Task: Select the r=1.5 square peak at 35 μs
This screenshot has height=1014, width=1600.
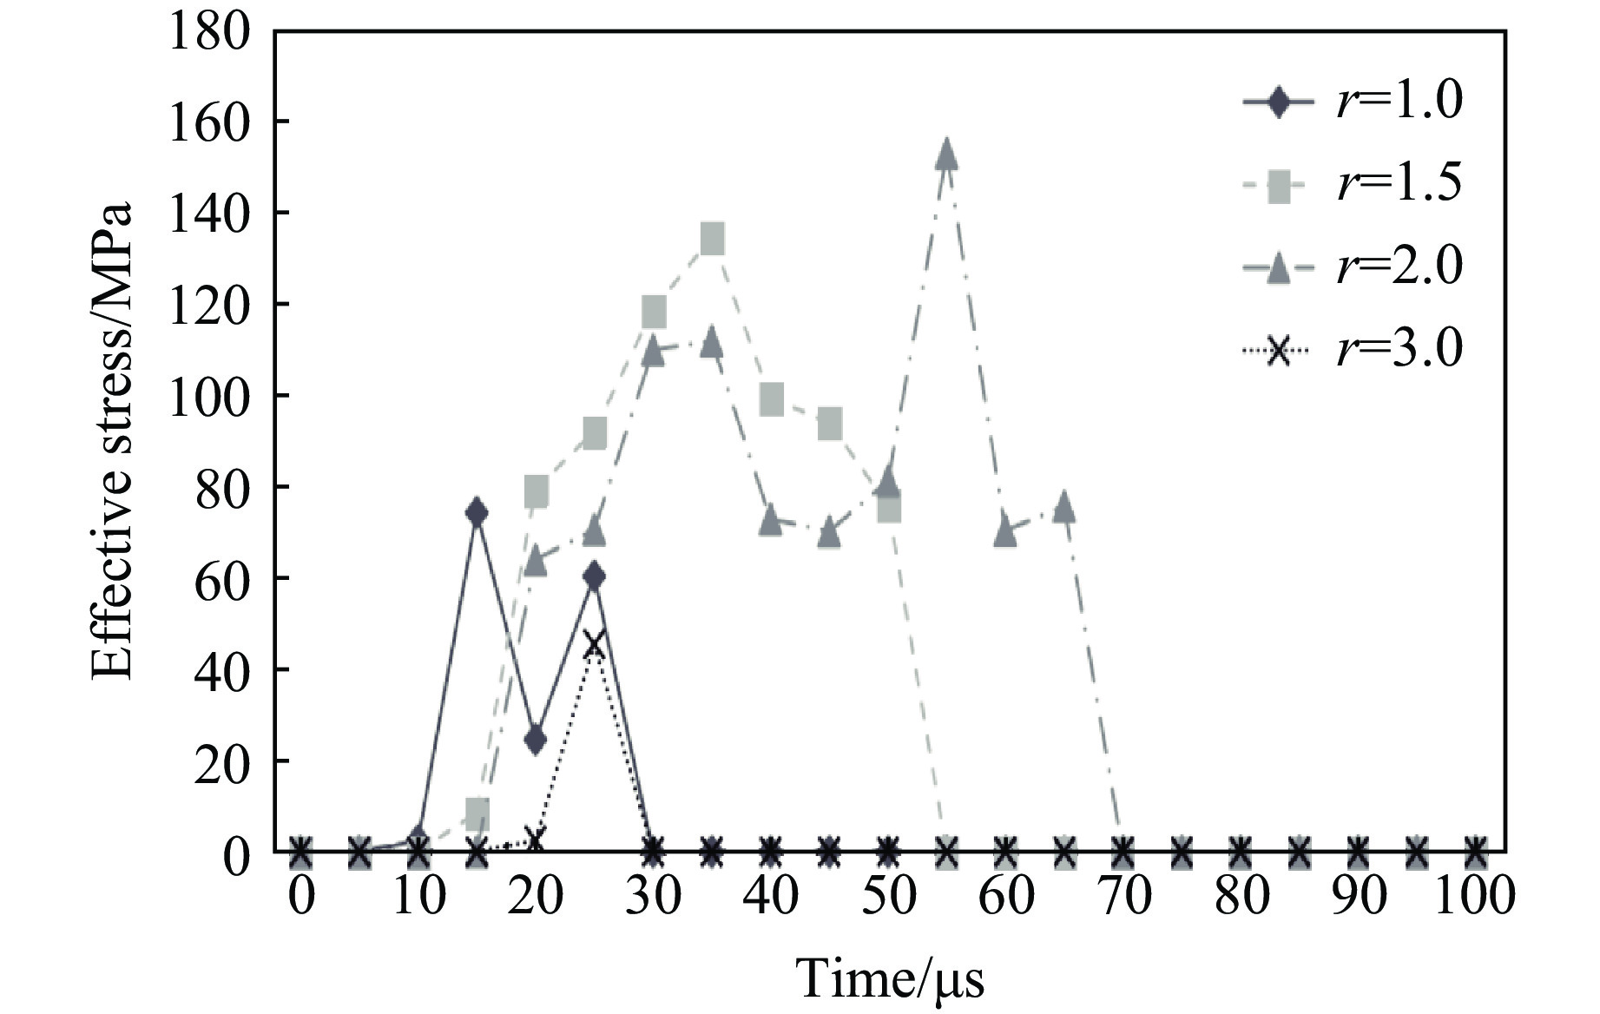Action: pos(712,239)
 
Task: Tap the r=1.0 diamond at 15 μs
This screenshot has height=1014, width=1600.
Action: pos(476,512)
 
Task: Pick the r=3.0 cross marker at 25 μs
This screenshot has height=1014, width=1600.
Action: pos(594,644)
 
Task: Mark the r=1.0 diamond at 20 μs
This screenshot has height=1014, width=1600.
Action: pos(535,740)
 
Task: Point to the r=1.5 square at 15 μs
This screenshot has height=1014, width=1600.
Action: pos(477,813)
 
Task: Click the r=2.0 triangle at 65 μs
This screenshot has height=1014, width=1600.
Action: pos(1064,507)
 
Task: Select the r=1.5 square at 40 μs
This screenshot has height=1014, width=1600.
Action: pos(771,400)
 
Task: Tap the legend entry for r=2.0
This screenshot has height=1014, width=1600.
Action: pos(1353,267)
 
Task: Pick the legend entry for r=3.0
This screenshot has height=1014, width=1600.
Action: pos(1353,349)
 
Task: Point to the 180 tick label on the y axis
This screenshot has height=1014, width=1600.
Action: pos(209,32)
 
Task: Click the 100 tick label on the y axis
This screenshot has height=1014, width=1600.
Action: pos(209,397)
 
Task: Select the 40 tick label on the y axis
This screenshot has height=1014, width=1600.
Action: pos(221,670)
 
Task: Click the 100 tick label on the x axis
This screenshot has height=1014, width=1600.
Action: pos(1473,895)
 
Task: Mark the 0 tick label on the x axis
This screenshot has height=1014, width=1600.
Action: pos(300,895)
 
